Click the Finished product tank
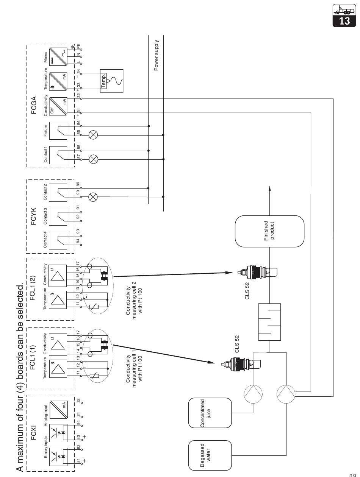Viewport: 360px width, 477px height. (x=269, y=231)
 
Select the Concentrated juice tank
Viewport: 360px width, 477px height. (x=210, y=413)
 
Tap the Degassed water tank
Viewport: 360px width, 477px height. (x=210, y=455)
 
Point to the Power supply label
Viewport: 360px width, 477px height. (x=156, y=55)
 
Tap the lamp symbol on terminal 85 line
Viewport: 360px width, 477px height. (x=93, y=135)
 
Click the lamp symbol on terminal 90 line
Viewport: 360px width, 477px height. (x=93, y=196)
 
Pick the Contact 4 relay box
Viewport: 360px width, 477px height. (x=58, y=240)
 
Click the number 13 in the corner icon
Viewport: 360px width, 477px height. (x=344, y=21)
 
